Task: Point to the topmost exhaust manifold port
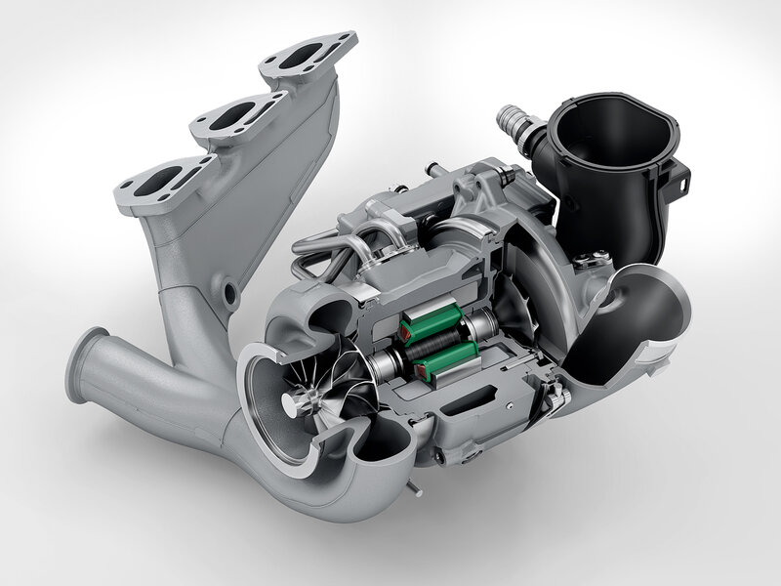(x=306, y=54)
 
